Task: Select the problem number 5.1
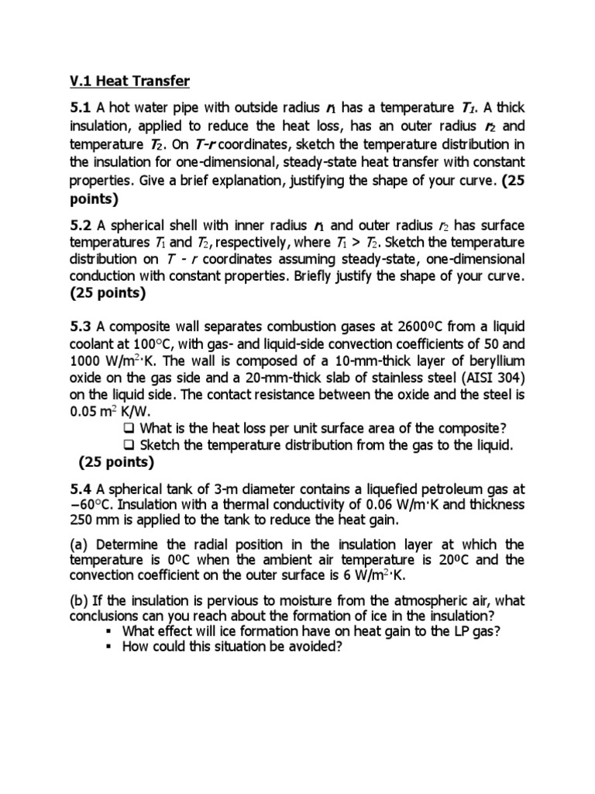pos(81,107)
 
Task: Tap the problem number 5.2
pos(81,226)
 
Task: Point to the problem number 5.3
pos(81,343)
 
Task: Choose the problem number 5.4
pos(81,489)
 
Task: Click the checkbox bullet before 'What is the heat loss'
pos(129,429)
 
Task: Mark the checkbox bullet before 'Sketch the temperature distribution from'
pos(129,445)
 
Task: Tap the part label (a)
pos(80,544)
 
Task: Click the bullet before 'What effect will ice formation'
pos(112,631)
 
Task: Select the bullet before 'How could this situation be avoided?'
pos(112,647)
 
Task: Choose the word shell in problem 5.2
pos(177,226)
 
